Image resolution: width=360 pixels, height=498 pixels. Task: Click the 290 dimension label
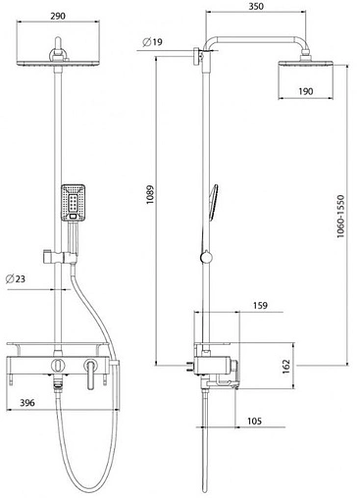point(58,16)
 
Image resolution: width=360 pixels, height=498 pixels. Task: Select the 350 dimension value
point(256,6)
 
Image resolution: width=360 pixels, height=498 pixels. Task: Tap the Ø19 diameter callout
point(152,42)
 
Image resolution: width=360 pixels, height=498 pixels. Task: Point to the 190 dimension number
point(305,91)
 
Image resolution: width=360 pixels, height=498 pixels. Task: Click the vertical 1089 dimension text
point(150,195)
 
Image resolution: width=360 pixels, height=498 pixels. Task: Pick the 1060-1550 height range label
point(340,216)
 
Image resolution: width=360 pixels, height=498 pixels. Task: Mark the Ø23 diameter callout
point(16,278)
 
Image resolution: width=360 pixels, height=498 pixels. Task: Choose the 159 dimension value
point(260,306)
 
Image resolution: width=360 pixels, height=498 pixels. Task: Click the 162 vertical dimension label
point(286,367)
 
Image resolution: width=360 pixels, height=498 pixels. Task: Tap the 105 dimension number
point(254,421)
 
